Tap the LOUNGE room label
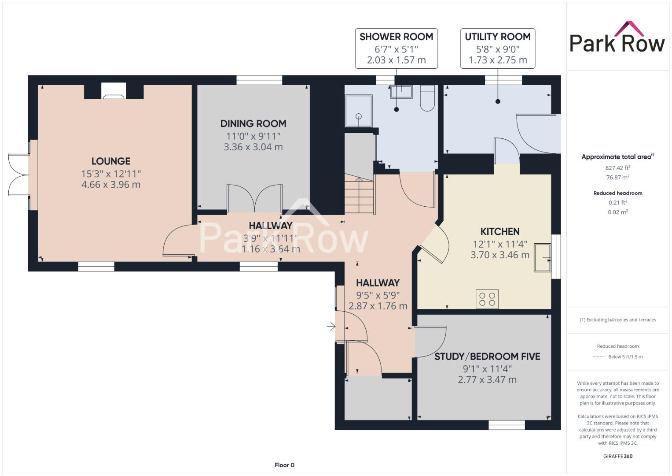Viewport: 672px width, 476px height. click(x=111, y=161)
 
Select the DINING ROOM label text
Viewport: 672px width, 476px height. click(x=253, y=124)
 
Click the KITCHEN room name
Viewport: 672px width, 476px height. click(x=500, y=232)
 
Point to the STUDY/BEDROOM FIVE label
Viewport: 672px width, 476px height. click(x=487, y=357)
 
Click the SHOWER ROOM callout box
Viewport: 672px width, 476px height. click(x=396, y=48)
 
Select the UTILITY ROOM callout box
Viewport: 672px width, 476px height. click(x=498, y=48)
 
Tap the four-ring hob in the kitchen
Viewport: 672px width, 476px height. click(x=487, y=299)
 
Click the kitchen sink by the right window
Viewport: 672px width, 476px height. click(x=543, y=258)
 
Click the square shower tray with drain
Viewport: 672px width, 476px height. click(x=358, y=112)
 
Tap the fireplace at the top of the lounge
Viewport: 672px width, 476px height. click(x=114, y=91)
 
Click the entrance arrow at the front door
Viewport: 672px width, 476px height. click(x=331, y=327)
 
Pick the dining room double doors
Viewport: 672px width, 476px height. click(x=254, y=199)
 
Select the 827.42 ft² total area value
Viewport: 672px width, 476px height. click(x=617, y=168)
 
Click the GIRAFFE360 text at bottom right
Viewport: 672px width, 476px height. click(x=617, y=456)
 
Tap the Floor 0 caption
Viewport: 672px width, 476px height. click(x=284, y=465)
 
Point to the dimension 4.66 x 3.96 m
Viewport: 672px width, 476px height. click(x=111, y=185)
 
